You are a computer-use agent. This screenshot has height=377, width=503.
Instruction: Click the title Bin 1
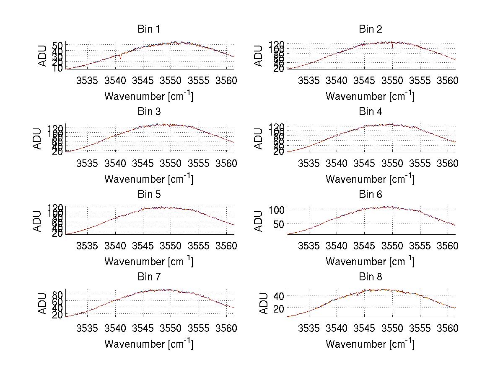pyautogui.click(x=148, y=29)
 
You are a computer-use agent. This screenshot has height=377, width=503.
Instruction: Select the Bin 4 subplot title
pyautogui.click(x=370, y=112)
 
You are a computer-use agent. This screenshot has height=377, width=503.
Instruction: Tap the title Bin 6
pyautogui.click(x=370, y=194)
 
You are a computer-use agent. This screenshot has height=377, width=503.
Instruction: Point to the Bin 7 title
pyautogui.click(x=148, y=277)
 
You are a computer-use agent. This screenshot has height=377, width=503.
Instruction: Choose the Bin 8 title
pyautogui.click(x=370, y=277)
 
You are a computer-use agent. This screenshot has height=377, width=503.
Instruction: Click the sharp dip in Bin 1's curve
pyautogui.click(x=121, y=57)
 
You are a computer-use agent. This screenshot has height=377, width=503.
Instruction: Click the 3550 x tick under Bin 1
pyautogui.click(x=171, y=80)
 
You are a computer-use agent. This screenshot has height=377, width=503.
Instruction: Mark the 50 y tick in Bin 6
pyautogui.click(x=277, y=224)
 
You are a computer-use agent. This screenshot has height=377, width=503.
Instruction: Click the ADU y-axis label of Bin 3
pyautogui.click(x=38, y=138)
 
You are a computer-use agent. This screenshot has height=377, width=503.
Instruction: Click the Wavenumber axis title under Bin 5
pyautogui.click(x=148, y=262)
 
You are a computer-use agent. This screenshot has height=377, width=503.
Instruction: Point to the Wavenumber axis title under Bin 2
pyautogui.click(x=370, y=96)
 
